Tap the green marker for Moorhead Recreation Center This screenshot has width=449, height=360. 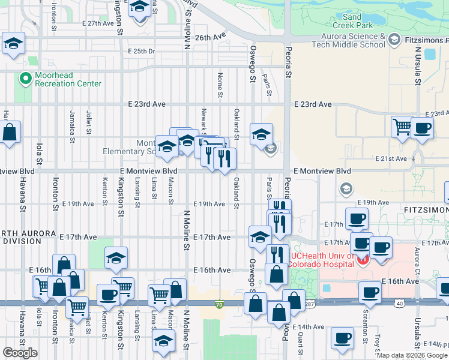coord(26,78)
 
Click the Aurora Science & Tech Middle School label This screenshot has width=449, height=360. coord(349,40)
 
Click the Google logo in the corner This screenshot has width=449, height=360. coord(20,353)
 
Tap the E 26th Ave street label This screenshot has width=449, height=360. coord(209,37)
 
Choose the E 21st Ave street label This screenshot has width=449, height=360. coord(391,159)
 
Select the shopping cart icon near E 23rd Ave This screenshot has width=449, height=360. coord(402,127)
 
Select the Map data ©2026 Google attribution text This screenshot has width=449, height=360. coord(412,355)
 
